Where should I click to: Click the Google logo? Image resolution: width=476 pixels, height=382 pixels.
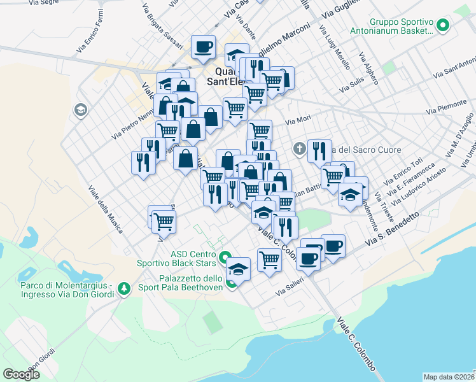[21, 374]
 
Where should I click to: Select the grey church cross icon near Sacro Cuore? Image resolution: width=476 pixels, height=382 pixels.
[300, 150]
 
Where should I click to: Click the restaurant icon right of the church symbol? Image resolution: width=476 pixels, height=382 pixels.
[319, 151]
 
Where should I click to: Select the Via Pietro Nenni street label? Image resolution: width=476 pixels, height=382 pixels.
[132, 124]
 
